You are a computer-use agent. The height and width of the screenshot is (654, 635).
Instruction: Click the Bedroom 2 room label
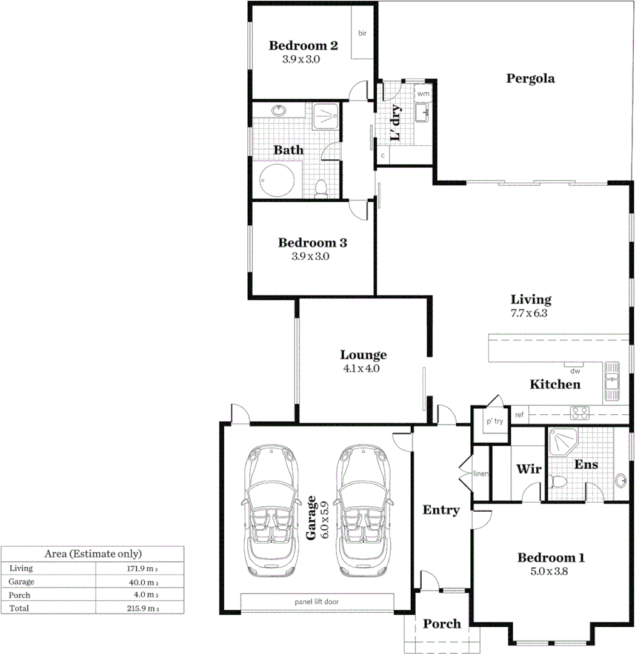click(x=303, y=45)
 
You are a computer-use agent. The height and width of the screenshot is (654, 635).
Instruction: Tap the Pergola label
click(x=531, y=78)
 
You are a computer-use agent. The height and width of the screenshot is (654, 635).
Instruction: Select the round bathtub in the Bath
click(x=278, y=180)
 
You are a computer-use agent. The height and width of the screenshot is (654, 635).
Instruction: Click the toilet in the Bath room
click(x=321, y=188)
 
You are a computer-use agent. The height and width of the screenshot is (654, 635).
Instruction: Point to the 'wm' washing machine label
click(x=423, y=94)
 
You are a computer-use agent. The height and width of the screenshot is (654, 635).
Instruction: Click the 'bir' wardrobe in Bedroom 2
click(x=362, y=33)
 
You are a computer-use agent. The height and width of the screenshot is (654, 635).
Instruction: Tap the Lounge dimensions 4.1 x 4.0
click(x=362, y=368)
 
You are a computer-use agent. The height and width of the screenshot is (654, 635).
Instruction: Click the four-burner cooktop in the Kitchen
click(x=580, y=414)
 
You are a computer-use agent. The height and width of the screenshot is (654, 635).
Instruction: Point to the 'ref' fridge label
click(x=519, y=415)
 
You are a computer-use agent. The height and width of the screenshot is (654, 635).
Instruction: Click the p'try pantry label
click(x=495, y=421)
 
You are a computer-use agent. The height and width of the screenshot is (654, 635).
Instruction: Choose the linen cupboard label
click(x=480, y=473)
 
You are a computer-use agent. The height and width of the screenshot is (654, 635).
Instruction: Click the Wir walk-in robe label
click(x=528, y=469)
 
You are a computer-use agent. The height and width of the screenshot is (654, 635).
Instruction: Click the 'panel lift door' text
click(x=317, y=602)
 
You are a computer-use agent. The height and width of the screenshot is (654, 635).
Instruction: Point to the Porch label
click(x=442, y=624)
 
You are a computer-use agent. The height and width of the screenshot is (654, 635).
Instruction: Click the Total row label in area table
click(x=19, y=607)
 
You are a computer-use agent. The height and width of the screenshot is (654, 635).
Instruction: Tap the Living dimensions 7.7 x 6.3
click(x=530, y=314)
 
